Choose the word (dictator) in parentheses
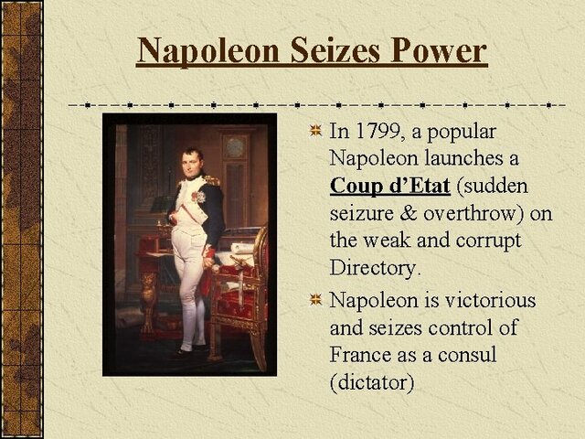click(371, 382)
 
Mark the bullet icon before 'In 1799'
click(314, 131)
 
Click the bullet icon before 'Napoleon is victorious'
click(314, 300)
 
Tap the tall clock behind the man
click(236, 174)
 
